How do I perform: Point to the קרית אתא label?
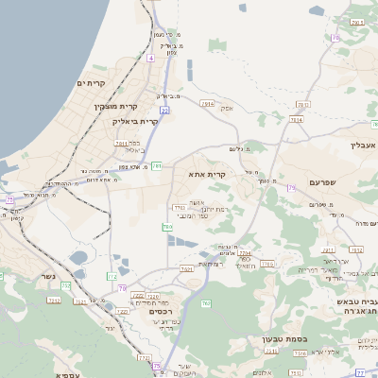click(228, 174)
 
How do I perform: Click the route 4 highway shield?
click(149, 59)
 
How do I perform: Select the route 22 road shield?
click(164, 111)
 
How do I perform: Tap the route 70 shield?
click(122, 287)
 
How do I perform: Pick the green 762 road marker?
click(206, 302)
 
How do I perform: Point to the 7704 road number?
click(246, 253)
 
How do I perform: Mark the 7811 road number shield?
click(121, 143)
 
